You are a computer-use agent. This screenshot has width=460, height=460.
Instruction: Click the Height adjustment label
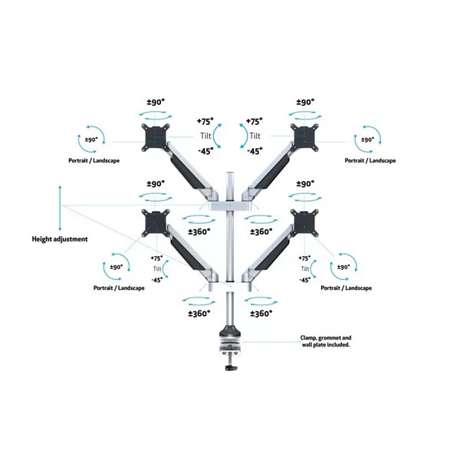pyautogui.click(x=60, y=238)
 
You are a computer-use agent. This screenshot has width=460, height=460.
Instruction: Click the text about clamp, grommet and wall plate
pyautogui.click(x=326, y=342)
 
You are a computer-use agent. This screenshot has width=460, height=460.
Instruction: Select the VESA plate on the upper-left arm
pyautogui.click(x=156, y=136)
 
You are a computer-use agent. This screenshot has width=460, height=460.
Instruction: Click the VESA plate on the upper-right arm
pyautogui.click(x=304, y=136)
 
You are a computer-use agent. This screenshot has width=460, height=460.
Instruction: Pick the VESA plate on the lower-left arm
pyautogui.click(x=156, y=222)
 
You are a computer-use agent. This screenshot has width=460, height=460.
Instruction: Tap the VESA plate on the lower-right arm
pyautogui.click(x=304, y=222)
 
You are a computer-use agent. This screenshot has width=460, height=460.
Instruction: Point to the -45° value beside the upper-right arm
pyautogui.click(x=255, y=151)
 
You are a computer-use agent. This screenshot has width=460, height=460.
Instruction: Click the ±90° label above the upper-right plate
pyautogui.click(x=305, y=102)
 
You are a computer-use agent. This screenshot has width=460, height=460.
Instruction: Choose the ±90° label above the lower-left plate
pyautogui.click(x=156, y=184)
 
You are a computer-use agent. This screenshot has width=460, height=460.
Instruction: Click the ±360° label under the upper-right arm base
pyautogui.click(x=261, y=232)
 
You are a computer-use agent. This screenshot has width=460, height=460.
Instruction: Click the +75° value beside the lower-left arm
pyautogui.click(x=157, y=258)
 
